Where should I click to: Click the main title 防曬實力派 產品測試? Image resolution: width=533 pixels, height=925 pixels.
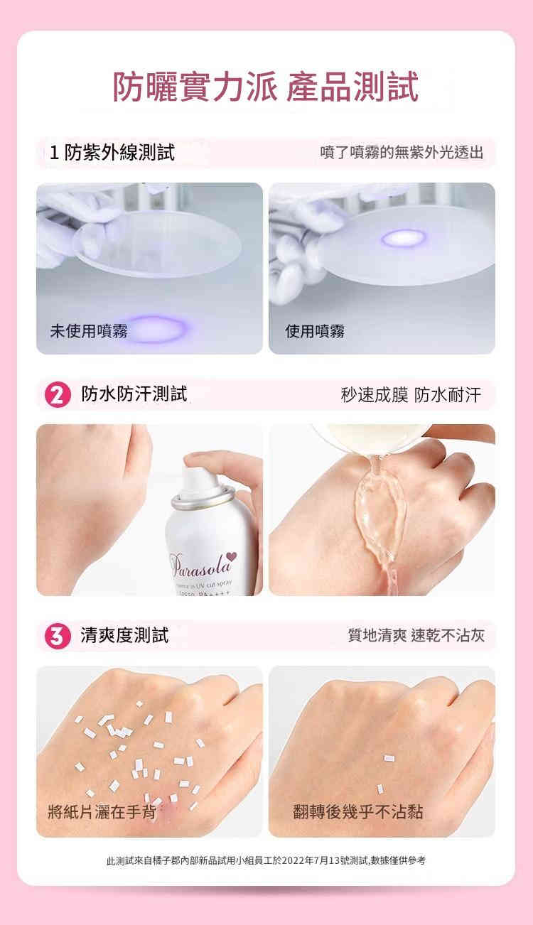[266, 87]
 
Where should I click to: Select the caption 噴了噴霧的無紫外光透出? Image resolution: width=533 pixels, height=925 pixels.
[402, 153]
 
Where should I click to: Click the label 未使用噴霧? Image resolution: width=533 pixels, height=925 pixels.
[88, 330]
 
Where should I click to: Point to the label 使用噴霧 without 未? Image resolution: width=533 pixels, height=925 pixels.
[315, 330]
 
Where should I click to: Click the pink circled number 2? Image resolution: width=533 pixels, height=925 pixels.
[55, 394]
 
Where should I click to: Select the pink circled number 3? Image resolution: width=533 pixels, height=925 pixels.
[55, 635]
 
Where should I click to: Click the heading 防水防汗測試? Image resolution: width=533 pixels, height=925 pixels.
[134, 394]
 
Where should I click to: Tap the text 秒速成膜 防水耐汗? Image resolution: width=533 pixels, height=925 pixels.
[410, 395]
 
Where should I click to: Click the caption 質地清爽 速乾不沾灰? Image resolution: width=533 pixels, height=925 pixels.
[416, 635]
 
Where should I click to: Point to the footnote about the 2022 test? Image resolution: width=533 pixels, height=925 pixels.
[266, 860]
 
